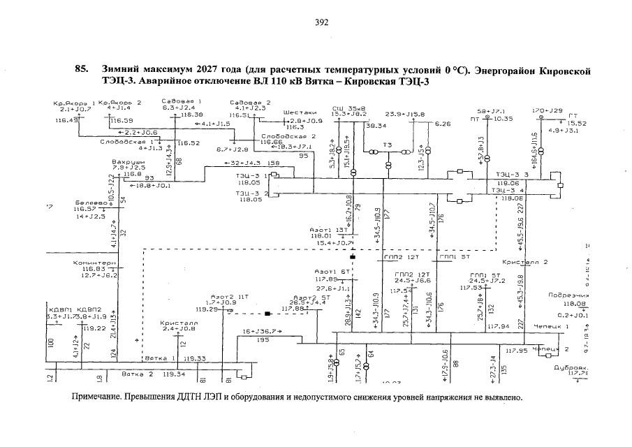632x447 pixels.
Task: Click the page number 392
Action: coord(321,22)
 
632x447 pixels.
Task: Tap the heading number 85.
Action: coord(81,70)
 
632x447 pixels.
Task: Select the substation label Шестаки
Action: coord(301,112)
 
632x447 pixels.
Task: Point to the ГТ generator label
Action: coord(573,115)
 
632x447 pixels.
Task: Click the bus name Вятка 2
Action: coord(137,374)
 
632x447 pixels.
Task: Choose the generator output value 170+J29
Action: coord(548,110)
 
